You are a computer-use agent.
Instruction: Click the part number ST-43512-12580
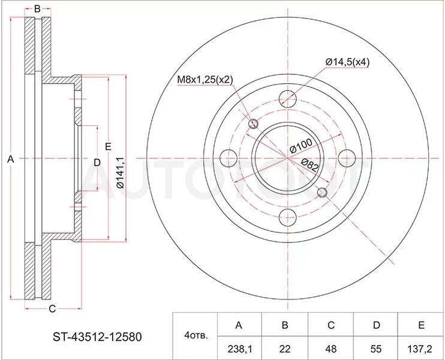[x=97, y=337]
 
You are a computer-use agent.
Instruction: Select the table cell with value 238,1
[x=239, y=349]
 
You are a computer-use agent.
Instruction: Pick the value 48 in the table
[x=331, y=349]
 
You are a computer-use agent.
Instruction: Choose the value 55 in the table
[x=376, y=349]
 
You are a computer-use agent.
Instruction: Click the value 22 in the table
[x=285, y=349]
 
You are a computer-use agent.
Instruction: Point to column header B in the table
[x=285, y=325]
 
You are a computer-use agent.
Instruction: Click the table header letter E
[x=421, y=325]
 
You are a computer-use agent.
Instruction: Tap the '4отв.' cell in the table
[x=196, y=336]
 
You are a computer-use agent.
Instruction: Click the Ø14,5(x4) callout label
[x=347, y=62]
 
